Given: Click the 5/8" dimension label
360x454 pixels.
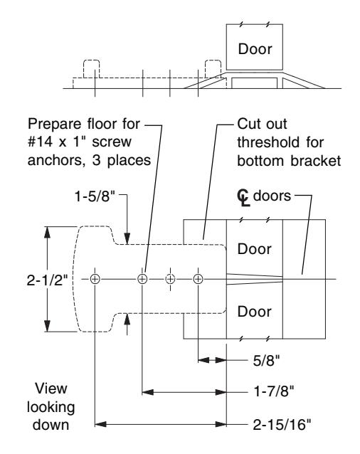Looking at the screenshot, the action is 266,361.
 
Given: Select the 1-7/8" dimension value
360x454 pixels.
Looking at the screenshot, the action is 273,392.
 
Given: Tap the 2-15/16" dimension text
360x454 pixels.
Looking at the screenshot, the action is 282,425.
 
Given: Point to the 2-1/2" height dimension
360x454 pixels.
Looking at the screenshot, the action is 47,280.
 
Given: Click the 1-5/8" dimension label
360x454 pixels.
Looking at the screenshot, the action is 95,196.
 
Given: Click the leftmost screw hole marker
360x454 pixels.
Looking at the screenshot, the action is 95,279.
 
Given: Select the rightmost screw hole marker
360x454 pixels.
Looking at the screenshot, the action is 198,279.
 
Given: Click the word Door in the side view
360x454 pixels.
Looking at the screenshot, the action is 255,49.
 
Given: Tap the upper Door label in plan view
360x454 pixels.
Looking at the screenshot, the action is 255,249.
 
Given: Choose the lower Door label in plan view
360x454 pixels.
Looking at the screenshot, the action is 255,312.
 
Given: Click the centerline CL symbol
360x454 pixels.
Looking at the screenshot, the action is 243,198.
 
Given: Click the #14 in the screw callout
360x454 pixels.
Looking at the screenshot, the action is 41,142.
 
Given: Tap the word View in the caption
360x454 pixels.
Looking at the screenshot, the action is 51,389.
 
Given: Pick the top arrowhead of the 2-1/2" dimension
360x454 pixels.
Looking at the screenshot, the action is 47,233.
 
